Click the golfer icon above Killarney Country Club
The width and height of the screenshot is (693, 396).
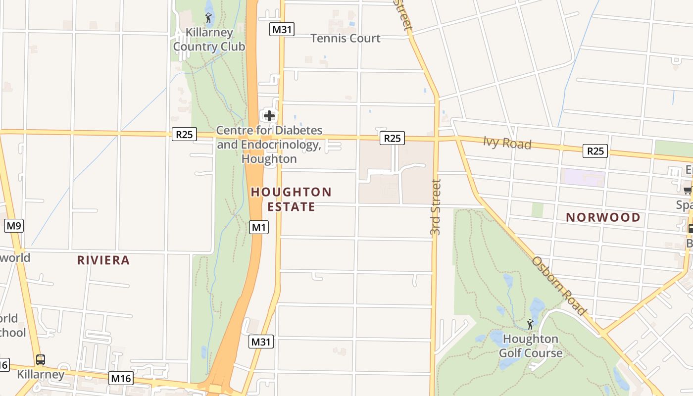coord(208,18)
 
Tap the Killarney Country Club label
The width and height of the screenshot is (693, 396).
coord(209,40)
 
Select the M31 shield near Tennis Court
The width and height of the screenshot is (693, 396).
coord(282,29)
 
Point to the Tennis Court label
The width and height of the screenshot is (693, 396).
coord(346,38)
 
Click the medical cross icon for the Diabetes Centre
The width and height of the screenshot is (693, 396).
coord(269,116)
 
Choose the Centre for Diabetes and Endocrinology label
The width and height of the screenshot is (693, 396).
coord(270,145)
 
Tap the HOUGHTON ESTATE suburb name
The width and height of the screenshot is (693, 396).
coord(291,199)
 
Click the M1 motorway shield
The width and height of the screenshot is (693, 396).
coord(259,227)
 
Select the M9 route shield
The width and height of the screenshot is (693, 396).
coord(14,226)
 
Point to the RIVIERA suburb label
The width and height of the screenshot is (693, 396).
coord(103,260)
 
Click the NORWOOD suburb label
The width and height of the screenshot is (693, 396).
coord(603,217)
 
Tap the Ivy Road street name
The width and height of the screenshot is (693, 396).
coord(507,144)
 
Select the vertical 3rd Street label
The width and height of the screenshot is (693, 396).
coord(435,207)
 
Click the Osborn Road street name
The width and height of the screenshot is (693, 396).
coord(559,286)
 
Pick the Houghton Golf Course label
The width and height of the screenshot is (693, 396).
coord(531,346)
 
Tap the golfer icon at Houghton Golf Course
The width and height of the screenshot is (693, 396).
coord(530,324)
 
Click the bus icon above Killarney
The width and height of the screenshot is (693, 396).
coord(41,360)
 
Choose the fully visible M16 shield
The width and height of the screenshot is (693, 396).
coord(121,379)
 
